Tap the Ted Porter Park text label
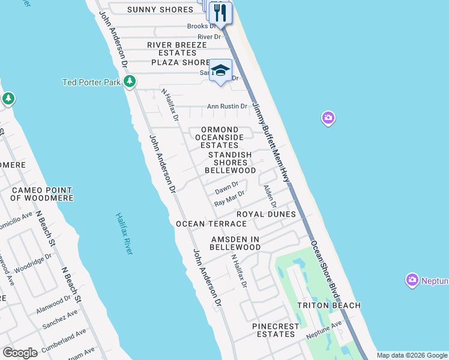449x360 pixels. (x=91, y=82)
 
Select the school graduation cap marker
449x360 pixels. (x=220, y=71)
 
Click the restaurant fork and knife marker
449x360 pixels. (x=221, y=13)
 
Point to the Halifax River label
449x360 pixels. (x=124, y=234)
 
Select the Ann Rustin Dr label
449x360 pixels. (x=227, y=107)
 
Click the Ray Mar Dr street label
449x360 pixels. (x=230, y=198)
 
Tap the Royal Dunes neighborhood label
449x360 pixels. (x=266, y=214)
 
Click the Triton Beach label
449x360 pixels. (x=329, y=305)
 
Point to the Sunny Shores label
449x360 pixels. (x=160, y=10)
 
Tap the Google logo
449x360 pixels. (x=20, y=352)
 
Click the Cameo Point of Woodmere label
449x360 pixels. (x=42, y=194)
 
